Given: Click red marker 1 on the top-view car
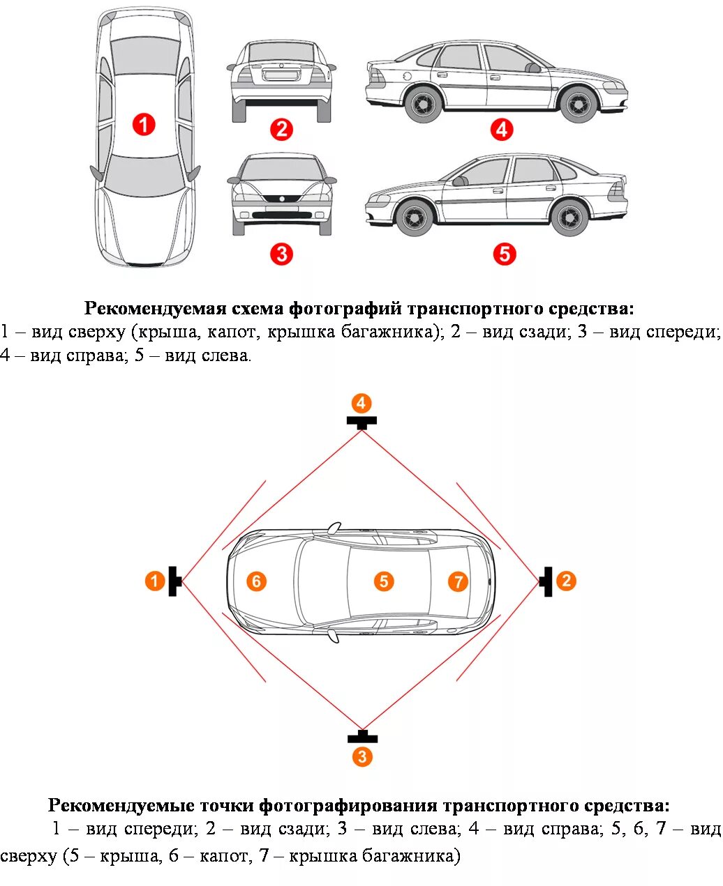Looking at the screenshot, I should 144,125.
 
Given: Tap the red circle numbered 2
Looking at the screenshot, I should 281,129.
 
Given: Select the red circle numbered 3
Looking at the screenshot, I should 281,254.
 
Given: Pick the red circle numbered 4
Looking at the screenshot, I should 501,129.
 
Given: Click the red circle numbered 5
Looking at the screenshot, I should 504,254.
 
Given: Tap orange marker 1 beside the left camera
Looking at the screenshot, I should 155,580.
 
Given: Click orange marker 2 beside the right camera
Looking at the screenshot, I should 566,580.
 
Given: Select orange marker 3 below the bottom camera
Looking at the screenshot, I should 361,756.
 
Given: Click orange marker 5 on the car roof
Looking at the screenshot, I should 383,581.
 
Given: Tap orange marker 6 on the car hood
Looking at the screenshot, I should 256,581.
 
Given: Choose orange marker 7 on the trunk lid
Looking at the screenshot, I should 458,581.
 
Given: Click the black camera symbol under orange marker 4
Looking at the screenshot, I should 361,421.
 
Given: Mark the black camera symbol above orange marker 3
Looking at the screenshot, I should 362,737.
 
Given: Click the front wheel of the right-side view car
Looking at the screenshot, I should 579,103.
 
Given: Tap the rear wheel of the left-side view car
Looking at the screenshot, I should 569,217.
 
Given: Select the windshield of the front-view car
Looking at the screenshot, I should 281,169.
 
